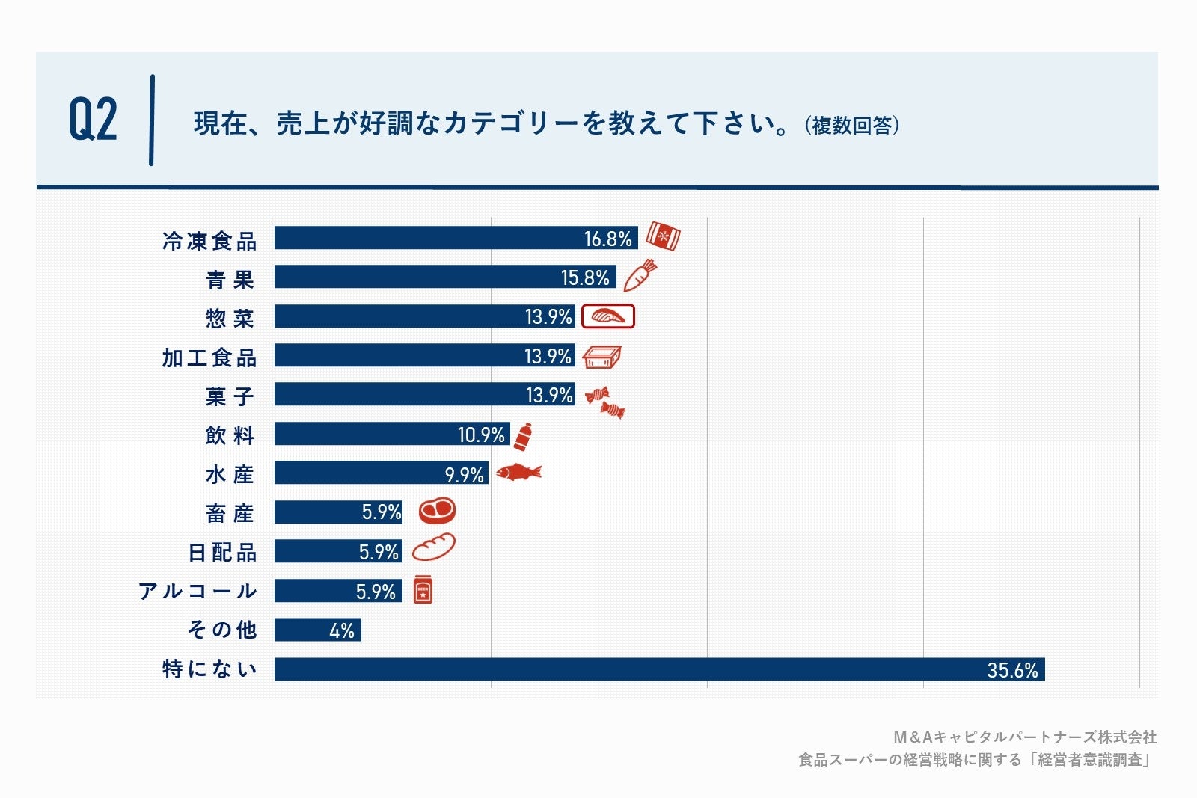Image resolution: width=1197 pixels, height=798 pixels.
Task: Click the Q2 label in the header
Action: (x=94, y=120)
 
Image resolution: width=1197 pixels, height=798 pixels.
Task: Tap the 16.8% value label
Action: (x=607, y=239)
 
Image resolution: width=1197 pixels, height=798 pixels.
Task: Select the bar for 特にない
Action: (x=658, y=669)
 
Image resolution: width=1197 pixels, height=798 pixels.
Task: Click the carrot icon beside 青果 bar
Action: (x=640, y=275)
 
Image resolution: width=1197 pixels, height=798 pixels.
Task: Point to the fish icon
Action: (x=518, y=472)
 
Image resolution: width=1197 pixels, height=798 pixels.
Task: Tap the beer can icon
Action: (x=423, y=590)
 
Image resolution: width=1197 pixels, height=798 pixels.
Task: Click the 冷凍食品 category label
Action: (x=209, y=241)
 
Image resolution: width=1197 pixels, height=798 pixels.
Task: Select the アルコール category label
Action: (x=198, y=591)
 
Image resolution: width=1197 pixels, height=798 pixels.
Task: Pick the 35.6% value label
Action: (x=1011, y=670)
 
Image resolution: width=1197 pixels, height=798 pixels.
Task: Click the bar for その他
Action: (x=317, y=630)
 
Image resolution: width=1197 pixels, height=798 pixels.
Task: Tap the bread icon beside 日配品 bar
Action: (x=433, y=548)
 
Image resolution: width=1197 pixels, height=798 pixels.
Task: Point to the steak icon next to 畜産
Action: (x=437, y=511)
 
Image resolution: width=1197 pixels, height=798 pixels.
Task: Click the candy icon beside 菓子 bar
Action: (x=604, y=402)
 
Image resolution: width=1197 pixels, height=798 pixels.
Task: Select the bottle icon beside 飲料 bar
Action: (x=523, y=436)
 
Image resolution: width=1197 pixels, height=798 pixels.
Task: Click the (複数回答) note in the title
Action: (x=852, y=125)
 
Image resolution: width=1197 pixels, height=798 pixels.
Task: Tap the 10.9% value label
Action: (x=481, y=435)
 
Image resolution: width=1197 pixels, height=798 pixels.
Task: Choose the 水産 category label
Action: (x=230, y=474)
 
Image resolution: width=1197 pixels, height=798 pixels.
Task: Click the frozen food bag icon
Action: (x=663, y=236)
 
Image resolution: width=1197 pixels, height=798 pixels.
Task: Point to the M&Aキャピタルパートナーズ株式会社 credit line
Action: (x=1025, y=737)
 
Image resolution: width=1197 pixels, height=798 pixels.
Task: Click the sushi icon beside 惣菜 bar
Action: (x=607, y=316)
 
